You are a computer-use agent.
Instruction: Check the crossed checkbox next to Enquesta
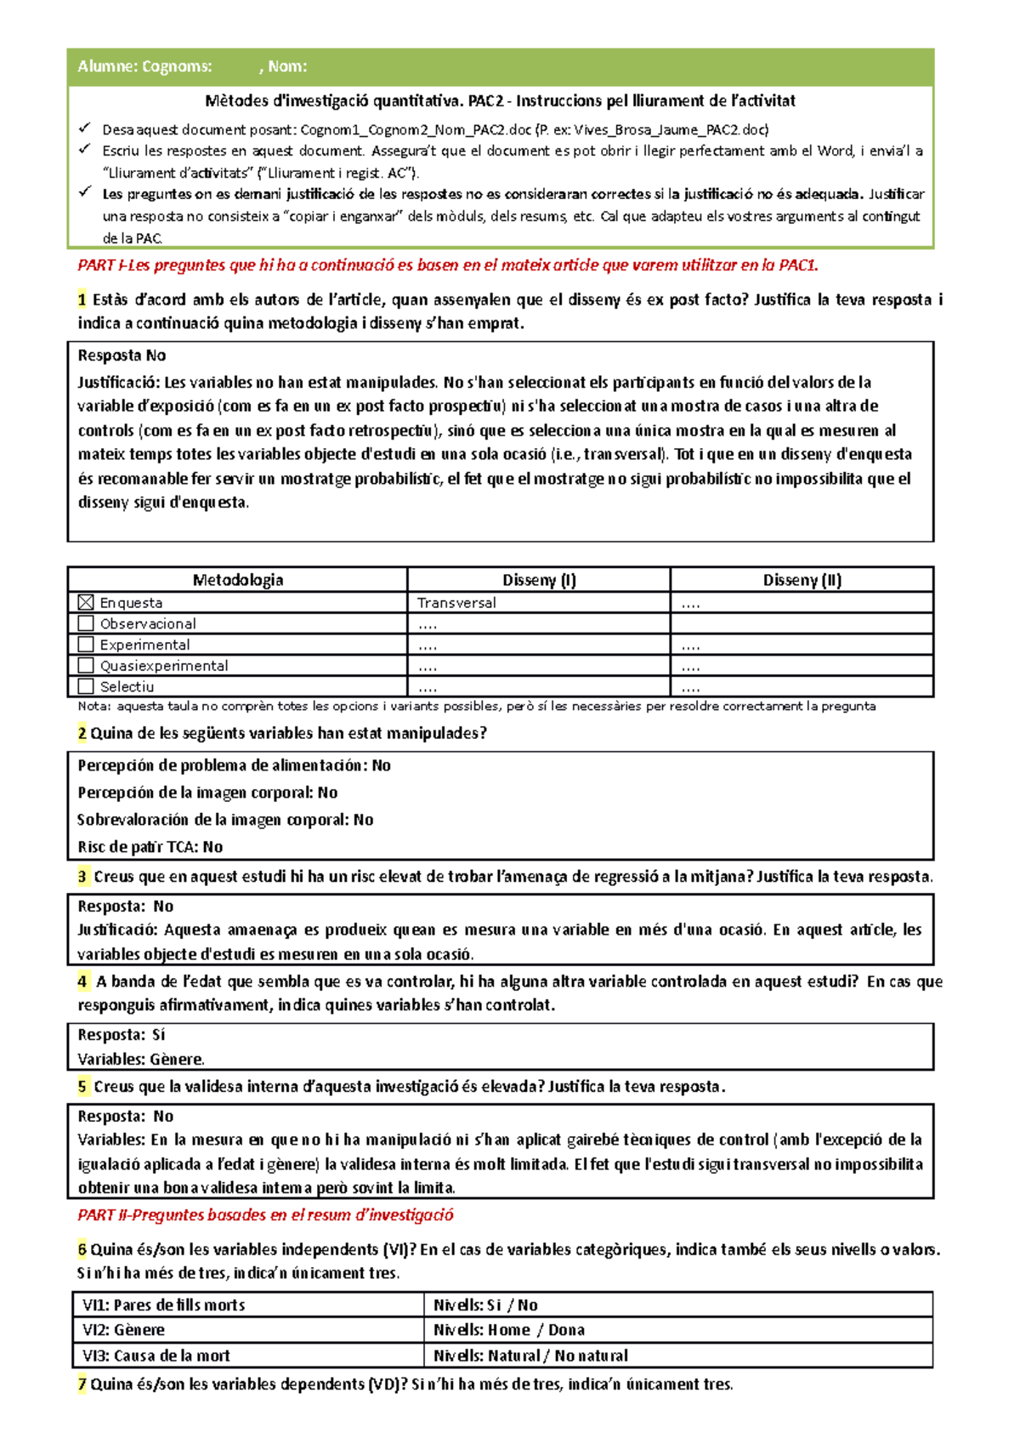click(x=85, y=602)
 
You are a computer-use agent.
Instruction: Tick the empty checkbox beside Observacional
click(x=85, y=623)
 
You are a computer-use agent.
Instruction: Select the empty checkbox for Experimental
click(x=85, y=645)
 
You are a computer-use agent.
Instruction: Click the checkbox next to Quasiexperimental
click(x=85, y=665)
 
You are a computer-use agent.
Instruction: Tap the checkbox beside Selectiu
click(x=85, y=686)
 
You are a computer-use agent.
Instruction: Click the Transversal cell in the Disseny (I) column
click(x=456, y=603)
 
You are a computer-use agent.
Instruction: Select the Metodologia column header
click(x=237, y=580)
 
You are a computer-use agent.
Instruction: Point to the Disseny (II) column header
click(x=802, y=580)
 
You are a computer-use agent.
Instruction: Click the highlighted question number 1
click(x=82, y=299)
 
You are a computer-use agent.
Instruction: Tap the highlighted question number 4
click(x=82, y=981)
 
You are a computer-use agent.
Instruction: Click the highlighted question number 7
click(x=82, y=1384)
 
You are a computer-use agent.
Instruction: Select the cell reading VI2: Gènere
click(x=123, y=1330)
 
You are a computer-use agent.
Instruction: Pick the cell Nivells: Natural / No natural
click(x=530, y=1356)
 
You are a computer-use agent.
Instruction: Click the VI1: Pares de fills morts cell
click(x=163, y=1305)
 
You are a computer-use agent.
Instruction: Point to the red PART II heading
click(x=265, y=1215)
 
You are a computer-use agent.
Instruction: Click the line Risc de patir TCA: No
click(x=150, y=847)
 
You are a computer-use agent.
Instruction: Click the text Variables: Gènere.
click(x=140, y=1060)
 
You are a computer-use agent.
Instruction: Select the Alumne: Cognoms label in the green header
click(x=144, y=66)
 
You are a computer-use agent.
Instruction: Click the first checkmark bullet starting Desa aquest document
click(x=85, y=129)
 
